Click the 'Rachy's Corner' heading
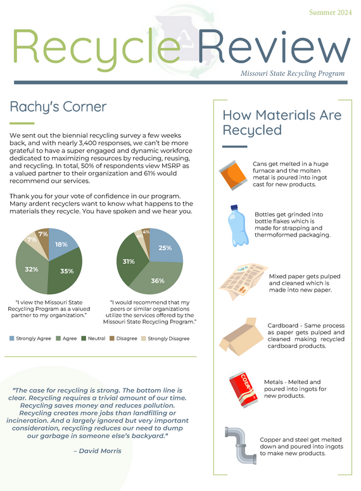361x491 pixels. click(58, 106)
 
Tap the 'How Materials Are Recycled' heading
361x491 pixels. click(281, 123)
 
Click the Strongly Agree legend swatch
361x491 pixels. click(12, 339)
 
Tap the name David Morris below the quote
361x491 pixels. click(98, 451)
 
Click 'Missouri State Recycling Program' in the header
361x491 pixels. click(293, 73)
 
